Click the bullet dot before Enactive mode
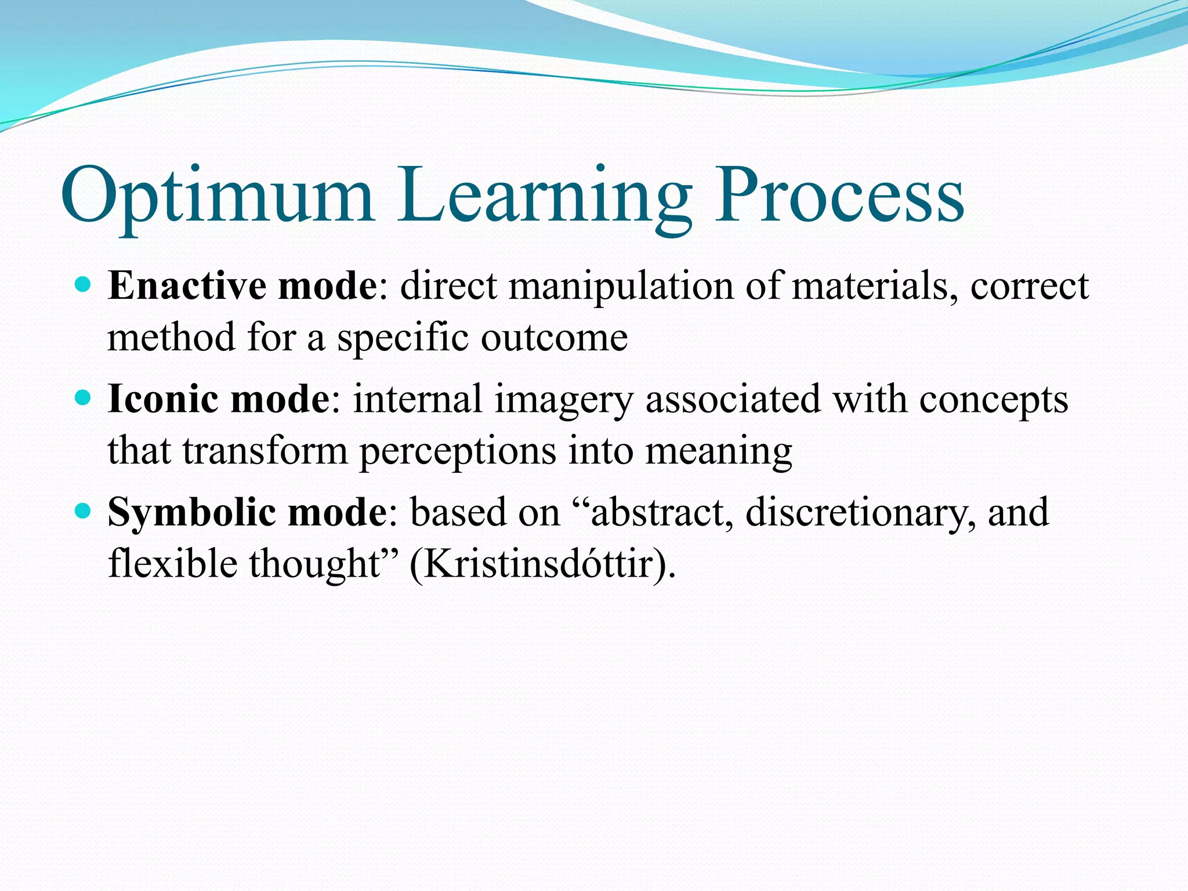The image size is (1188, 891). [84, 285]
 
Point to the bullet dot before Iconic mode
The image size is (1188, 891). [84, 398]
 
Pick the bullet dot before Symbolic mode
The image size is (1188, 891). [84, 511]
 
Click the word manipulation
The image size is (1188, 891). [621, 287]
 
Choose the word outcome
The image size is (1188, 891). [554, 338]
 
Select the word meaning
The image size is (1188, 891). [719, 452]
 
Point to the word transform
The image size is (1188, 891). [265, 451]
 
